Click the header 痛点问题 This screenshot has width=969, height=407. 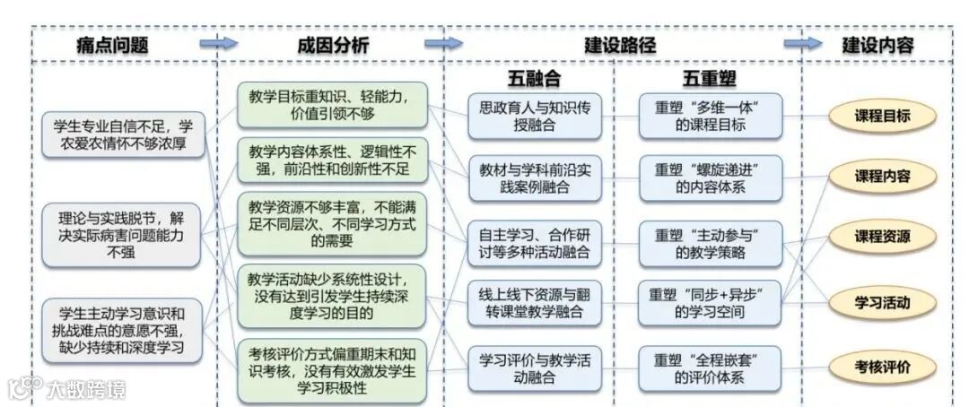pyautogui.click(x=111, y=45)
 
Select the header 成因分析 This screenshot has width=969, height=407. pyautogui.click(x=332, y=46)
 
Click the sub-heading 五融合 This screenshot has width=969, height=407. pyautogui.click(x=534, y=78)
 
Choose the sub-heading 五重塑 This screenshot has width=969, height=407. pyautogui.click(x=710, y=78)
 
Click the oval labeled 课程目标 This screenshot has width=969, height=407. pyautogui.click(x=882, y=116)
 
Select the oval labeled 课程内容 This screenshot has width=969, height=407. pyautogui.click(x=882, y=177)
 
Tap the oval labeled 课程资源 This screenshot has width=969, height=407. pyautogui.click(x=882, y=238)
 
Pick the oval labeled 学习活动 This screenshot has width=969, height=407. pyautogui.click(x=882, y=302)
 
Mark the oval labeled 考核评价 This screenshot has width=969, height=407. pyautogui.click(x=882, y=366)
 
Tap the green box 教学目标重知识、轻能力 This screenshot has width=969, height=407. pyautogui.click(x=332, y=103)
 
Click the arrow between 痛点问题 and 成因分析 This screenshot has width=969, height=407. pyautogui.click(x=217, y=44)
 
